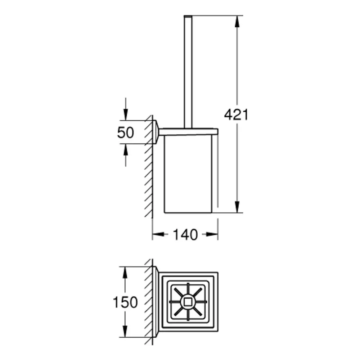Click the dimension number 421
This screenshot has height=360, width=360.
point(236,115)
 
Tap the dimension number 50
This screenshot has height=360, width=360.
point(125,132)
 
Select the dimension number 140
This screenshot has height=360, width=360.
point(185,235)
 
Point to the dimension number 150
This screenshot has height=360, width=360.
point(125,302)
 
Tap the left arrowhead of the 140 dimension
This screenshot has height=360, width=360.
point(158,234)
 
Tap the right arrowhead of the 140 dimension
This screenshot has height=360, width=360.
point(212,234)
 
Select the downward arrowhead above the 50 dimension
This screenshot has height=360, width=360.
point(126,114)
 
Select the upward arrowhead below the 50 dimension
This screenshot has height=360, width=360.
point(126,150)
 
